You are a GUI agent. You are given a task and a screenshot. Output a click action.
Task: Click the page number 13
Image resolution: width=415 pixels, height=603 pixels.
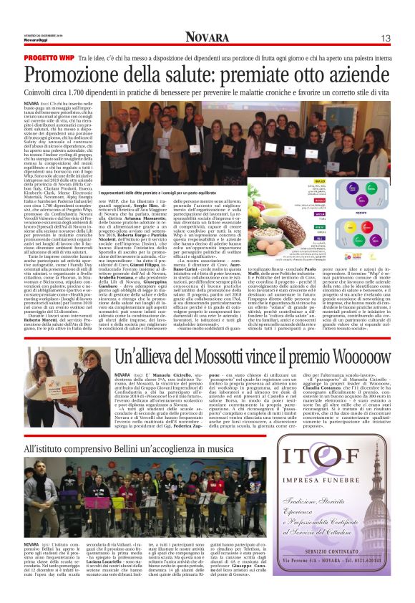[385, 38]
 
